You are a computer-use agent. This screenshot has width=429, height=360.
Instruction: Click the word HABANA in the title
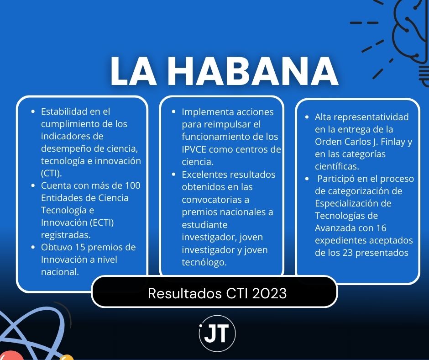pos(253,71)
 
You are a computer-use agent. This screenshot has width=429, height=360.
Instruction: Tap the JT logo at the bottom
pos(217,334)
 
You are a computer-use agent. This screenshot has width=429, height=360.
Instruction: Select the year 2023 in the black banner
pos(269,293)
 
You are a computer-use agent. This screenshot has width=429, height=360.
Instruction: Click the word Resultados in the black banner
pos(185,293)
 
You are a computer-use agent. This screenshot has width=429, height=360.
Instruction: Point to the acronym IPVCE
pos(194,149)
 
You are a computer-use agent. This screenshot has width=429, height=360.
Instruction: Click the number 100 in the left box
pos(133,185)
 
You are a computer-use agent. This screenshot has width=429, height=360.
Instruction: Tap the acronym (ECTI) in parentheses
pos(102,222)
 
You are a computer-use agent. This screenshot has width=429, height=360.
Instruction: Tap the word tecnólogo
pos(204,263)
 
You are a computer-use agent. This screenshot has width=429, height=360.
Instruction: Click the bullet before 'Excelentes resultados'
pos(173,175)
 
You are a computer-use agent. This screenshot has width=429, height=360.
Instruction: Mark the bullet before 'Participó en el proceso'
pos(307,179)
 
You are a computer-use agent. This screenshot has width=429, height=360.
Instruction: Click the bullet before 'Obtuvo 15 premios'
pos(33,247)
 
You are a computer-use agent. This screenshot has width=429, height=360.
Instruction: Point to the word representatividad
pos(371,117)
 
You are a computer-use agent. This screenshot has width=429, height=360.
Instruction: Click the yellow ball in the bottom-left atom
pos(67,358)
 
